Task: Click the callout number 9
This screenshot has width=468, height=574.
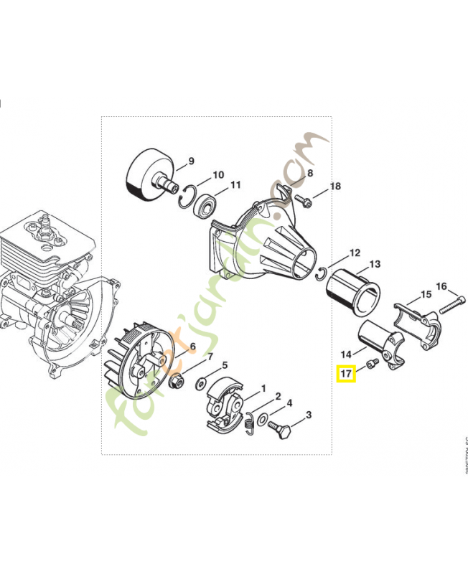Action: tap(192, 161)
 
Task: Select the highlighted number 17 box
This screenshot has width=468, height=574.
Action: tap(347, 373)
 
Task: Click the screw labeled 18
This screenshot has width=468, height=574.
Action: tap(304, 201)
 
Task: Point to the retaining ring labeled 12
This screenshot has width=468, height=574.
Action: tap(323, 270)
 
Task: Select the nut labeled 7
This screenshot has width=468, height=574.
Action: tap(177, 380)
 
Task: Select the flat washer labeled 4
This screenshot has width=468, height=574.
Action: tap(263, 418)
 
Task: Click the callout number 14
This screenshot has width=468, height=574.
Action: tap(346, 354)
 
